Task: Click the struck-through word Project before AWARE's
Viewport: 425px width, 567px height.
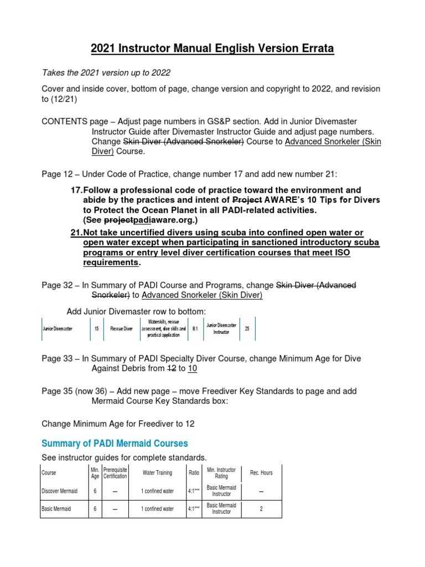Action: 247,200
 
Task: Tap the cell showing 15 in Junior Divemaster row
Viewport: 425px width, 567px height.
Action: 97,328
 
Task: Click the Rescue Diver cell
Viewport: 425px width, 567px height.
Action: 121,328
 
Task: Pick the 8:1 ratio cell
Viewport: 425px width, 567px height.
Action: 195,328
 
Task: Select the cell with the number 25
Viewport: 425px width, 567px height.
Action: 247,328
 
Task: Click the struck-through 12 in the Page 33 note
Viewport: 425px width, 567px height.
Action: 170,368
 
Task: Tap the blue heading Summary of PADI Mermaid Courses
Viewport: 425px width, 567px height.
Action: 115,444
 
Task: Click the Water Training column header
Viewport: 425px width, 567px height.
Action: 157,473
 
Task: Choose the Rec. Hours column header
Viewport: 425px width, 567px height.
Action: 261,473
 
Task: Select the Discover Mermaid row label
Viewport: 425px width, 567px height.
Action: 60,491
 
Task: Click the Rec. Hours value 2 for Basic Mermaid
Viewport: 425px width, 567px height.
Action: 261,509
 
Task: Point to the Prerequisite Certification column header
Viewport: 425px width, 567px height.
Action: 115,473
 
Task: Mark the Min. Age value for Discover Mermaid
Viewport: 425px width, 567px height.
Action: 95,491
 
